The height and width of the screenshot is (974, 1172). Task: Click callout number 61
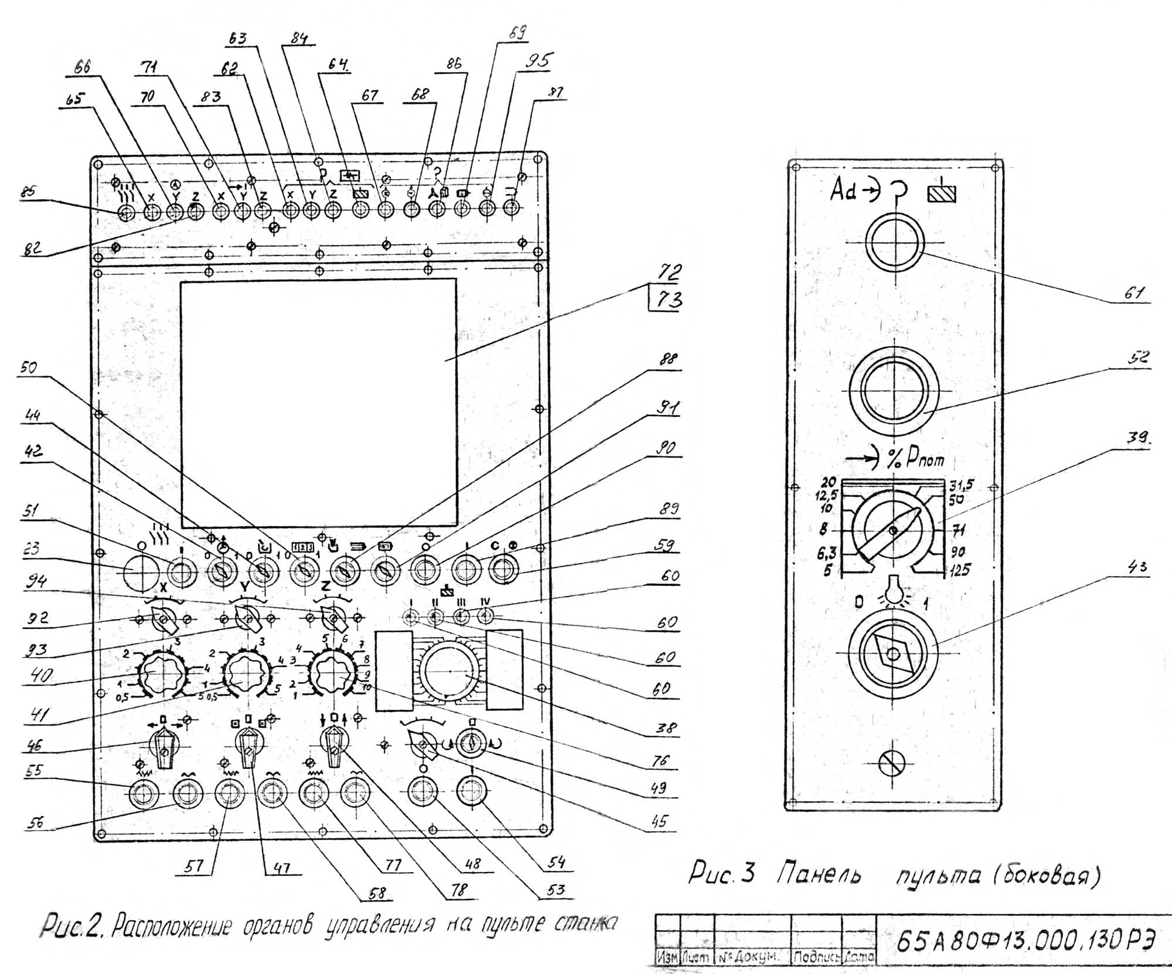coord(1133,293)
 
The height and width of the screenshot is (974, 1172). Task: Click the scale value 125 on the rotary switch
coord(959,569)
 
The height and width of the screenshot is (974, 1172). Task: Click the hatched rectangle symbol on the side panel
coord(942,193)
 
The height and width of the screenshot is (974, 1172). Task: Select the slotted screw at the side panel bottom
coord(892,763)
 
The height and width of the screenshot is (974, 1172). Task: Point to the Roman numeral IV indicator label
coord(485,602)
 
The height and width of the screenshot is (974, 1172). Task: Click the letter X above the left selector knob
coord(164,587)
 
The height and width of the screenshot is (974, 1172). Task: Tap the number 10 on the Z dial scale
coord(366,687)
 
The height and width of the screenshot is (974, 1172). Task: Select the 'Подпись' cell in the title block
coord(816,957)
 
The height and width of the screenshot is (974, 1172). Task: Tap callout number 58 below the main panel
coord(378,893)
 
